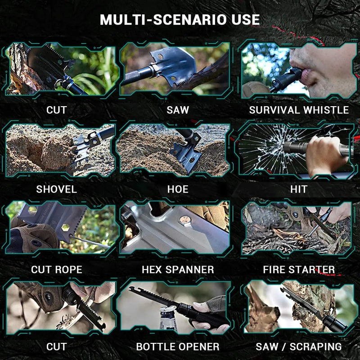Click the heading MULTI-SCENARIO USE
click(180, 20)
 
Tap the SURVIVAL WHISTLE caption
click(299, 110)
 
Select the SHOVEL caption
click(57, 189)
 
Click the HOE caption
click(178, 189)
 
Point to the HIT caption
click(299, 189)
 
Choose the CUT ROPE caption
click(57, 269)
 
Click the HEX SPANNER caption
click(178, 269)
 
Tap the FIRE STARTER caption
click(299, 269)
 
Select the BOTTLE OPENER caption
click(178, 346)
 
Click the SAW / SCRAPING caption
click(299, 346)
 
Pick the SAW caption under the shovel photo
click(178, 110)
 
